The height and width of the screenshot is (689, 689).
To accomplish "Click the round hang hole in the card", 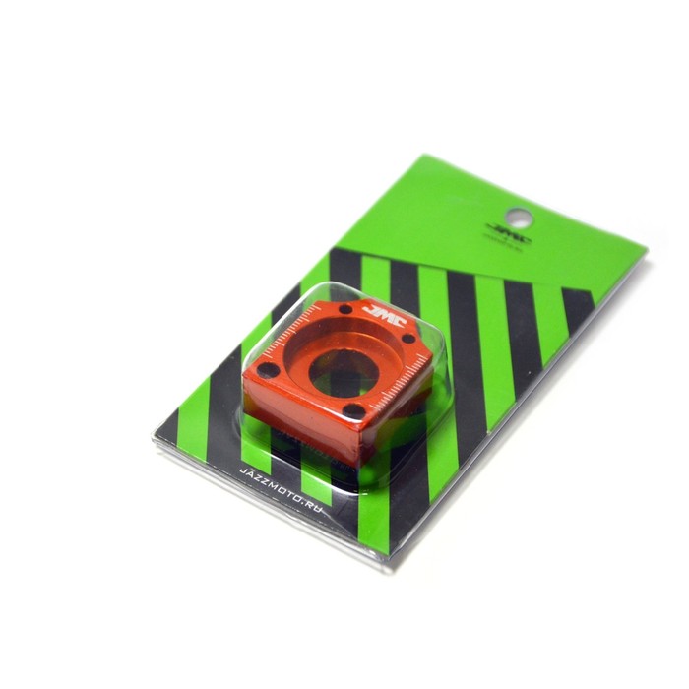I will [521, 216].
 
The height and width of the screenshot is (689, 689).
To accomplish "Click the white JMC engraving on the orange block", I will [378, 313].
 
